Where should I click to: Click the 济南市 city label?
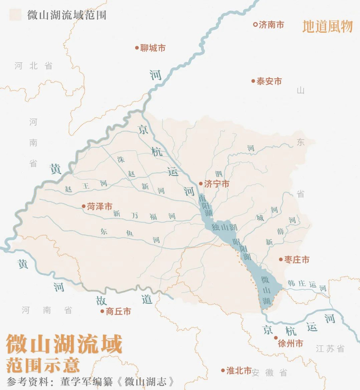click(x=271, y=24)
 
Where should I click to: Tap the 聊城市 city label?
click(x=153, y=48)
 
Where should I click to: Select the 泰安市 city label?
click(x=269, y=81)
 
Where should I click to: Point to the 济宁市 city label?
click(x=217, y=183)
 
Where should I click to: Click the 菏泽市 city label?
click(x=100, y=207)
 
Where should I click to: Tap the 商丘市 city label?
click(x=118, y=311)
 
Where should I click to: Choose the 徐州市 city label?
click(x=291, y=342)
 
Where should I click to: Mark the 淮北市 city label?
click(x=239, y=370)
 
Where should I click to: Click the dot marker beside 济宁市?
click(x=201, y=183)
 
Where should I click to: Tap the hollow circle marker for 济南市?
click(x=255, y=24)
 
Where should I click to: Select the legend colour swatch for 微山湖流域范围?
click(x=16, y=14)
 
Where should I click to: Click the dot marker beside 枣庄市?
click(x=281, y=260)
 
